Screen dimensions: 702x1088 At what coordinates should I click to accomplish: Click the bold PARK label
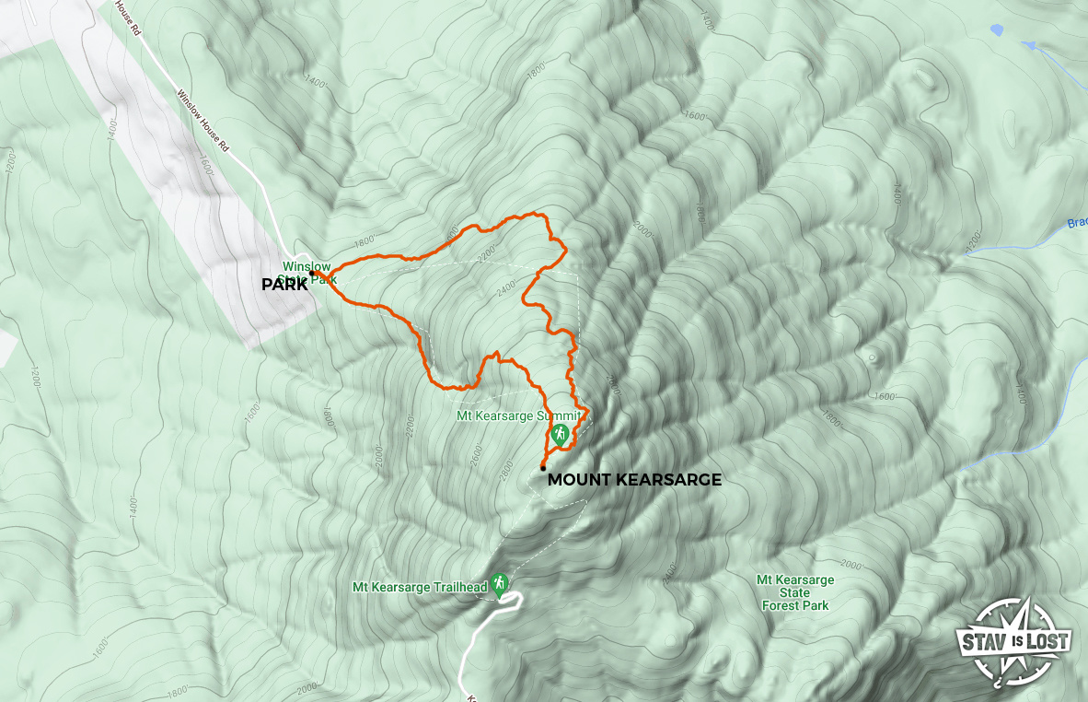click(x=284, y=286)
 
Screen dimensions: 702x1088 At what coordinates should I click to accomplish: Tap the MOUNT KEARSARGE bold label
click(x=634, y=480)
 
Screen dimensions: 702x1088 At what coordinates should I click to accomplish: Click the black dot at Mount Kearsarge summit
click(x=543, y=468)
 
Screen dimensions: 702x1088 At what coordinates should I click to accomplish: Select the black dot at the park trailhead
click(x=312, y=274)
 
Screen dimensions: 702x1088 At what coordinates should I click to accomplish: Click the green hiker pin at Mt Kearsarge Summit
click(x=559, y=434)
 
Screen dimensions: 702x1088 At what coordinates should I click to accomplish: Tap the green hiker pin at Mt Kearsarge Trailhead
click(x=499, y=585)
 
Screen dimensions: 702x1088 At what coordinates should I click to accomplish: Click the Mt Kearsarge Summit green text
click(x=519, y=415)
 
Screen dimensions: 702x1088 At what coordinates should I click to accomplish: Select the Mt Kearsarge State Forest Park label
click(x=794, y=592)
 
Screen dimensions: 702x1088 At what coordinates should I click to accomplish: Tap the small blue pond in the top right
click(x=997, y=29)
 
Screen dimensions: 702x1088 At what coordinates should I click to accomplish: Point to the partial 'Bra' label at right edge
click(x=1077, y=223)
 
